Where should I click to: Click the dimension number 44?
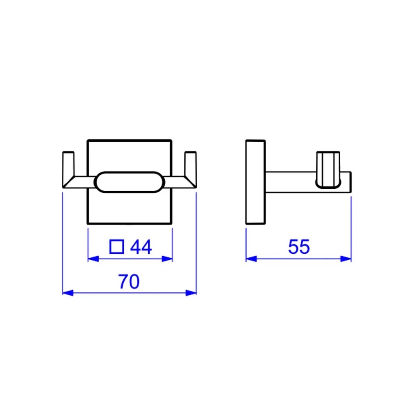141,247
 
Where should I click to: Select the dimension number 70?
129,281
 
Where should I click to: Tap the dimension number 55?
299,247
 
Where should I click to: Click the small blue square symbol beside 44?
117,246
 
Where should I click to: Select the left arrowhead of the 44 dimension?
93,259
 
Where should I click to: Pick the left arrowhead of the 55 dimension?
251,259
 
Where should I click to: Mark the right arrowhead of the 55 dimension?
346,259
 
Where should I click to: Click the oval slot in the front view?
130,181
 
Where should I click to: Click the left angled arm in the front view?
79,182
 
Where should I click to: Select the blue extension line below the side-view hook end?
351,227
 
